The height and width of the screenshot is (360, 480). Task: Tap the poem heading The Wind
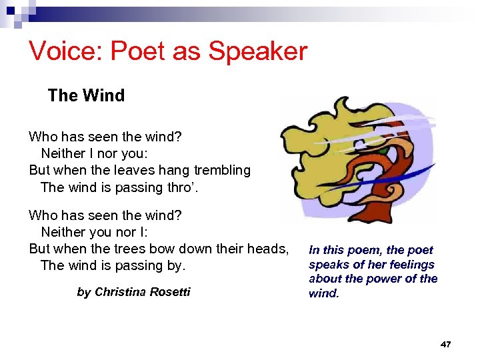(x=86, y=95)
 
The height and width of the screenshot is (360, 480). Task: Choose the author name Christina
(x=124, y=292)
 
